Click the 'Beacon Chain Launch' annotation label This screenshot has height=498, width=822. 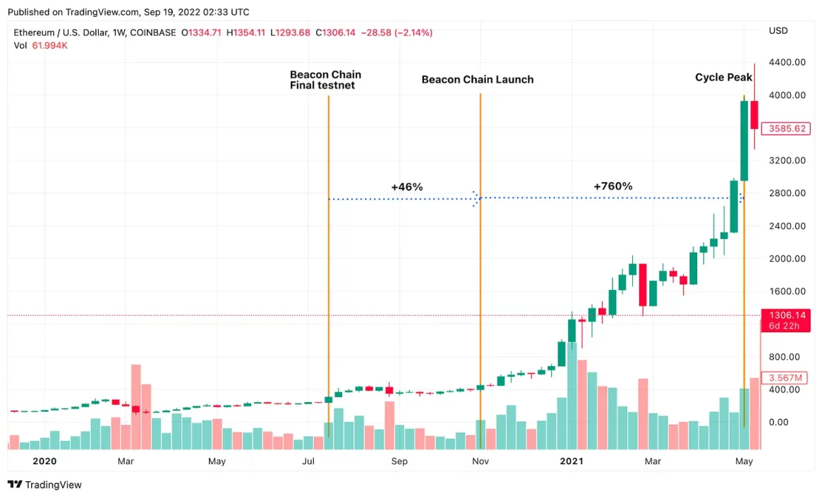coord(477,80)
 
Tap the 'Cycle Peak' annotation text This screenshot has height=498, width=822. coord(723,78)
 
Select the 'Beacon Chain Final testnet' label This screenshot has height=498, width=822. coord(325,80)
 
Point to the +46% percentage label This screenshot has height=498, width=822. coord(406,187)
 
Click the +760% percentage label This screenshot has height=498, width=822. coord(612,186)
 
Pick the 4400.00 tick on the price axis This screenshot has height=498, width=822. coord(787,62)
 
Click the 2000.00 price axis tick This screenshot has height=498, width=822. coord(787,258)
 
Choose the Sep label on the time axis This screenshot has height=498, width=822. coord(399,461)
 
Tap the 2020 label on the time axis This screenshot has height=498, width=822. coord(44,461)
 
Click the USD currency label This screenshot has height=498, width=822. coord(778,31)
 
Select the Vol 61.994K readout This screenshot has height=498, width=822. coord(41,46)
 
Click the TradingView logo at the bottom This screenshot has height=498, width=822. coord(44,485)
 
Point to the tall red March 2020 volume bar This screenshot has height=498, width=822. coord(136,406)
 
